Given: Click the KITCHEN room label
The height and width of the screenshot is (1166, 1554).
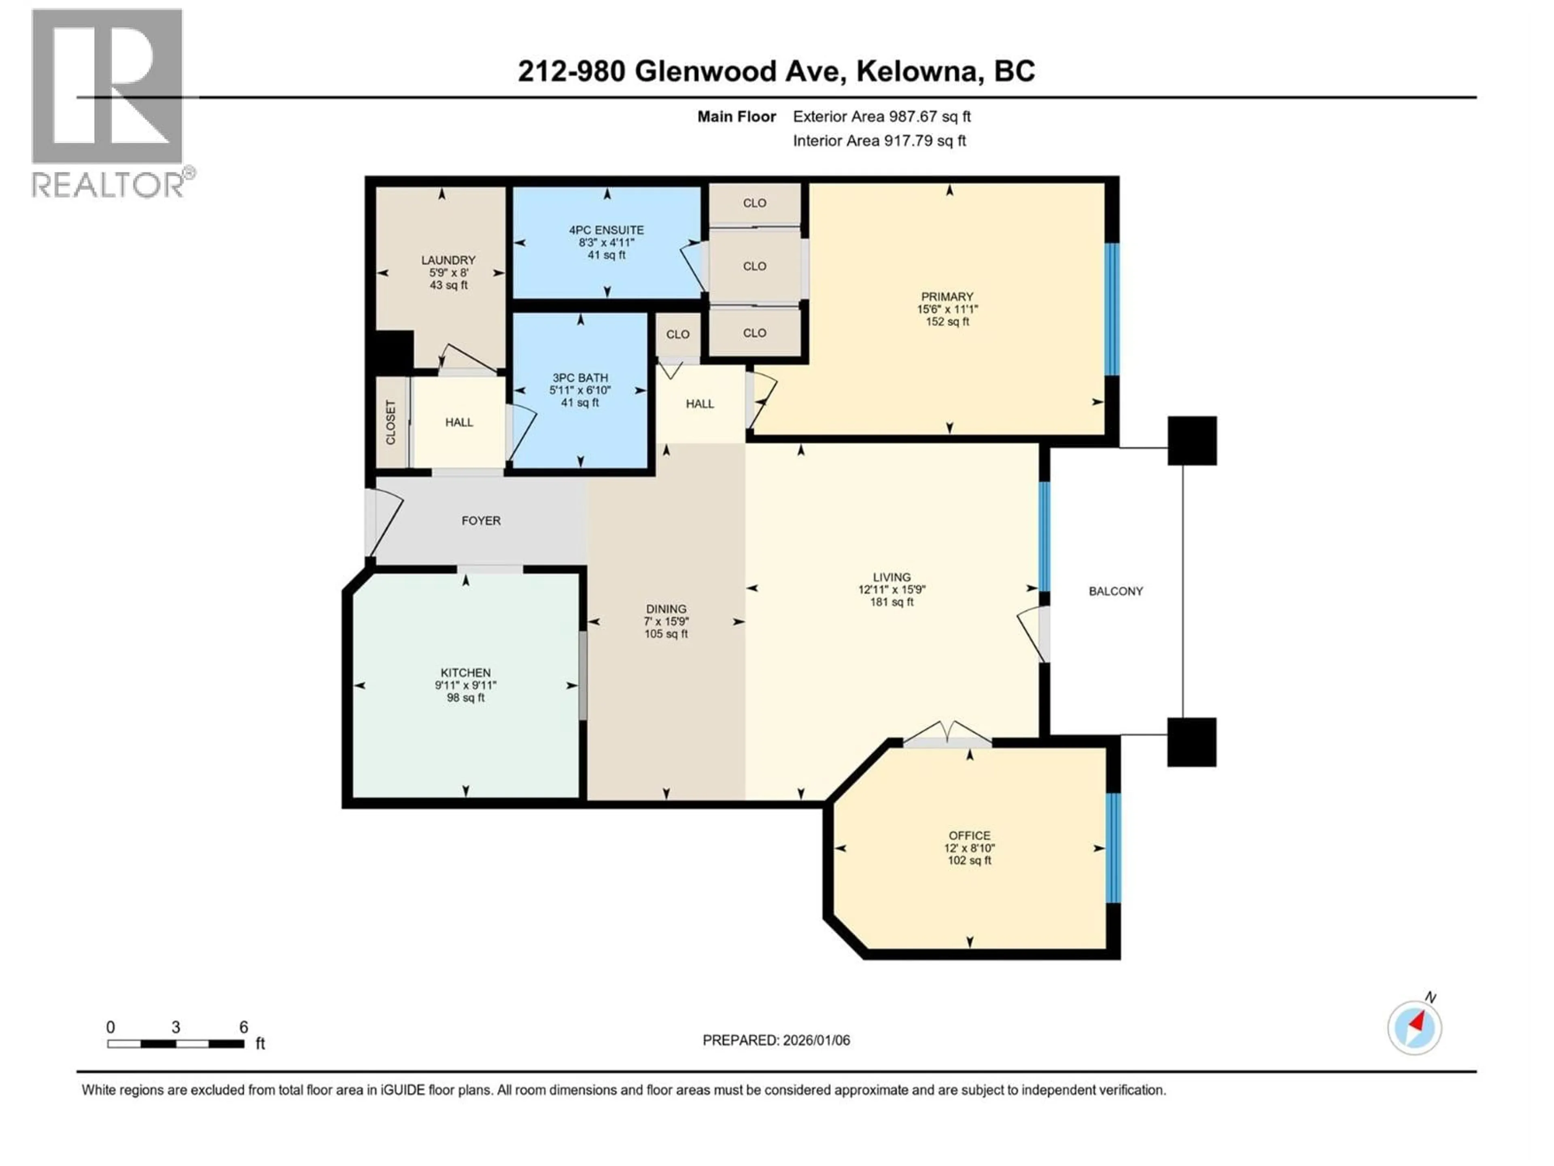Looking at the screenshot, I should click(465, 672).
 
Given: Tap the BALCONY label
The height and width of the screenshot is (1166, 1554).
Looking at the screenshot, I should click(1116, 591).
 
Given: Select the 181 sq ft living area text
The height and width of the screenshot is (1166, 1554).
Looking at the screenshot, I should click(892, 602).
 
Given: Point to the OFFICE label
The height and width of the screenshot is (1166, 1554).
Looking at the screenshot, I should click(970, 835).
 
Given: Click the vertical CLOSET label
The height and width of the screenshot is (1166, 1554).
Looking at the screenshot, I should click(391, 422).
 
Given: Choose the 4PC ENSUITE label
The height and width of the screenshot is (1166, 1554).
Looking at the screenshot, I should click(606, 230).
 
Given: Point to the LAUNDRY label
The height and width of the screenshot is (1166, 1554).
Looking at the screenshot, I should click(448, 260).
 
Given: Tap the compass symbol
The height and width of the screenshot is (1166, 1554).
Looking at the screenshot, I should click(1414, 1027).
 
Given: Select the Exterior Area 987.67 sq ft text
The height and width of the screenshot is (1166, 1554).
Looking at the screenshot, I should click(882, 117).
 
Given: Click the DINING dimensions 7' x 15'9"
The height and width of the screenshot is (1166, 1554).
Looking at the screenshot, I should click(666, 621).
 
